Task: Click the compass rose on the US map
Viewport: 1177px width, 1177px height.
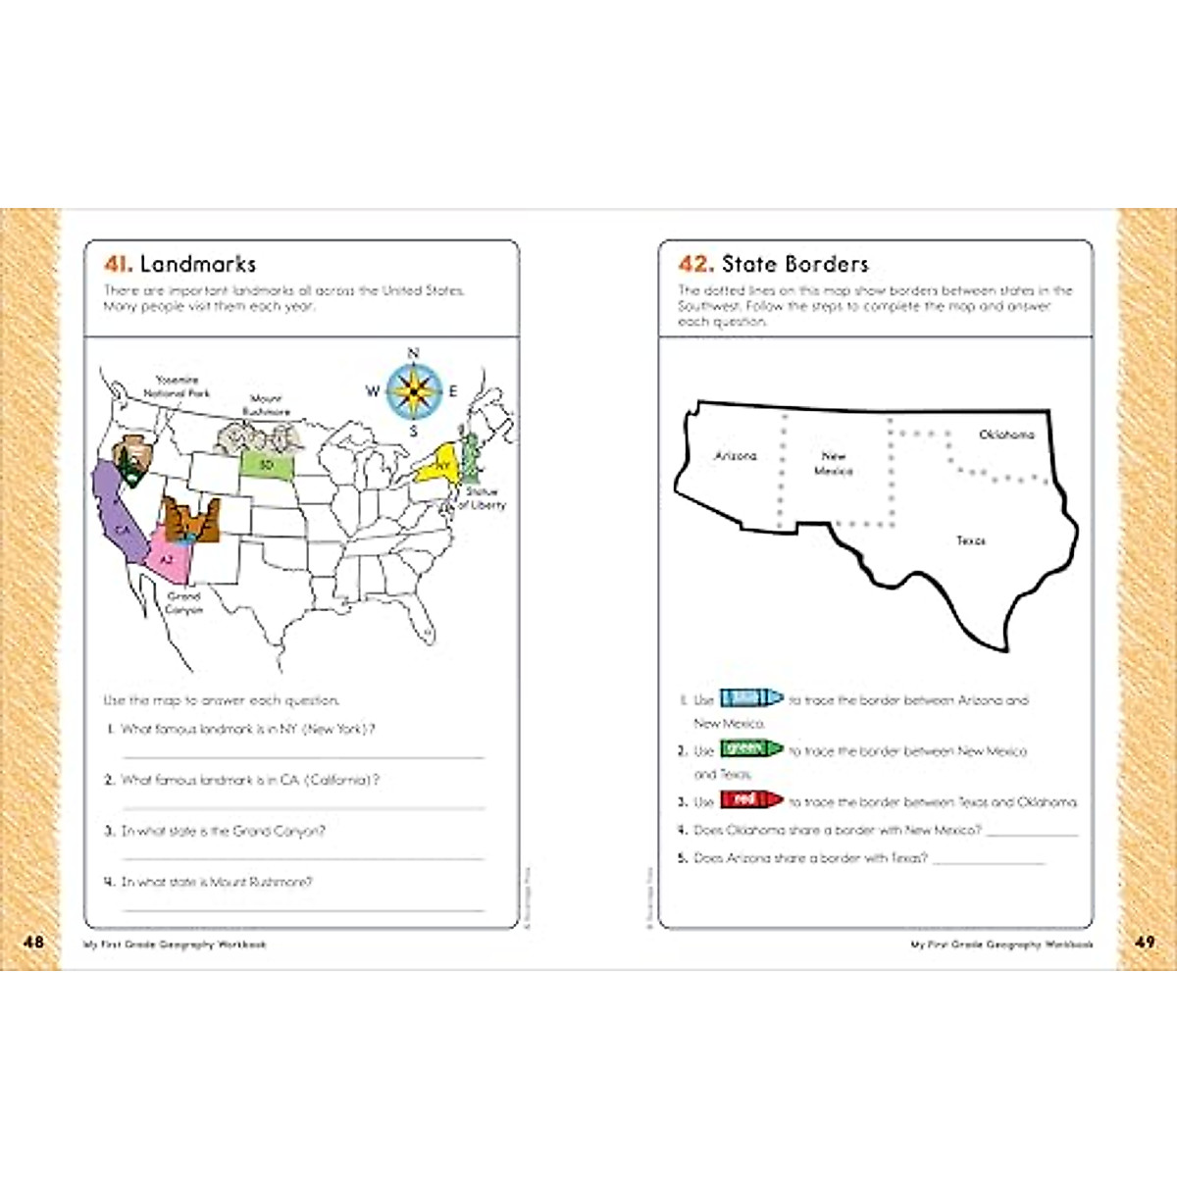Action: click(413, 390)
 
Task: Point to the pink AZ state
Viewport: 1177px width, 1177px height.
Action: click(167, 559)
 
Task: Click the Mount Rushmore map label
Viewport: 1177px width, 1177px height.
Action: click(266, 405)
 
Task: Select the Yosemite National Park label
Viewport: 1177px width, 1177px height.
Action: click(178, 386)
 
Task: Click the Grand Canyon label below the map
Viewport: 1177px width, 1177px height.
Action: click(183, 602)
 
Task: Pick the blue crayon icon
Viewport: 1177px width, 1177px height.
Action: click(751, 698)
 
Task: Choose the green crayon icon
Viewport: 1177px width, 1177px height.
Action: click(751, 749)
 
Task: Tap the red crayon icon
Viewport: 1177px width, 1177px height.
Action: click(751, 800)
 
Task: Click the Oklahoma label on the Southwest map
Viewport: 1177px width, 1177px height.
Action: click(1006, 435)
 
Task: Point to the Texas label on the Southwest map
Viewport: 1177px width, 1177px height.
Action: click(970, 540)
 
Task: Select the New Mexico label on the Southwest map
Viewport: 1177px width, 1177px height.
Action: click(834, 463)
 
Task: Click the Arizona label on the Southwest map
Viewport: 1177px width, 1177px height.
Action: click(736, 456)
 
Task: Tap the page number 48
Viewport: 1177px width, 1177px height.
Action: click(33, 943)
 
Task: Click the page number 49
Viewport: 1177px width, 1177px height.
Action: click(1144, 943)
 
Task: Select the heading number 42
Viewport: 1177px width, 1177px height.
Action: click(694, 264)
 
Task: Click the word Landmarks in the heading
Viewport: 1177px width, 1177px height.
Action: click(197, 264)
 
